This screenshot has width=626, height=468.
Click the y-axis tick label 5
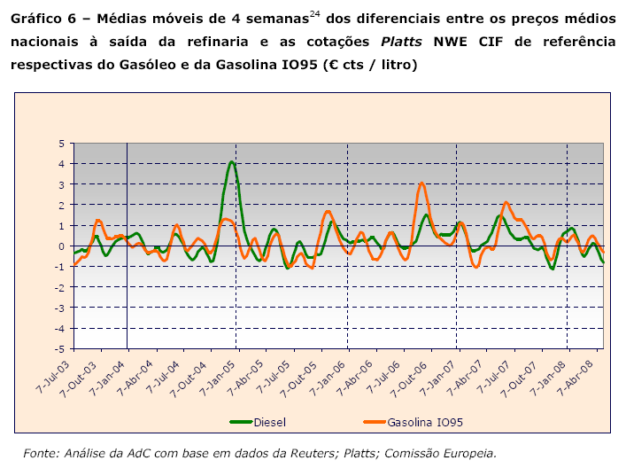(x=61, y=143)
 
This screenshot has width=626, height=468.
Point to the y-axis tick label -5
(x=59, y=349)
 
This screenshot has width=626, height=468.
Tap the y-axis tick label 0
(x=61, y=246)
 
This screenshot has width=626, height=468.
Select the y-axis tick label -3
(x=59, y=308)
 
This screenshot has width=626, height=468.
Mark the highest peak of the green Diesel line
(x=231, y=162)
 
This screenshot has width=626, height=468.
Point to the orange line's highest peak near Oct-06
(x=422, y=183)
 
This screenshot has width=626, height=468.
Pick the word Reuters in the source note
(x=320, y=453)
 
